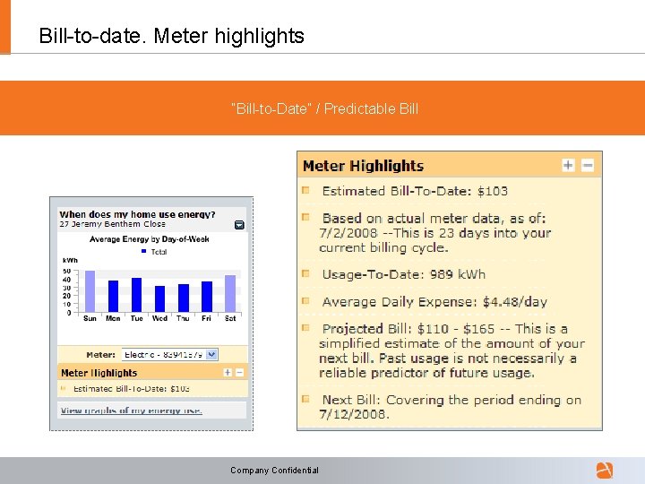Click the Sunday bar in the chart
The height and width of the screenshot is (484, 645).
(x=90, y=290)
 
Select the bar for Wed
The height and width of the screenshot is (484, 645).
(x=159, y=298)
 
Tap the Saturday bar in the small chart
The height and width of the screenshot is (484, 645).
(x=230, y=293)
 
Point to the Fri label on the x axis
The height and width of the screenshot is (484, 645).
(x=206, y=318)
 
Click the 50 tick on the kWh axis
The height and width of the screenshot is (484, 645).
(x=66, y=271)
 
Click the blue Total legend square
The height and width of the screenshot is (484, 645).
(x=144, y=252)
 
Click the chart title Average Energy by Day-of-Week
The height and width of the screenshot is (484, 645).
(x=150, y=239)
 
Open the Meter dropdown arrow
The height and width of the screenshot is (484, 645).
(x=211, y=354)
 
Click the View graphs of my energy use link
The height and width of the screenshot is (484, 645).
(x=131, y=411)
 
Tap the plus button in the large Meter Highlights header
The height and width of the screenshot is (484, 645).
(x=568, y=165)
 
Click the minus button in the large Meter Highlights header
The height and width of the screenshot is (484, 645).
(x=588, y=165)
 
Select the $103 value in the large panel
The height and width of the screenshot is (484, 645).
(x=492, y=191)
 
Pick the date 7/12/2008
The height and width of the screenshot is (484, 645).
(x=354, y=415)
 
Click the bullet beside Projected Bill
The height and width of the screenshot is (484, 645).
(x=305, y=328)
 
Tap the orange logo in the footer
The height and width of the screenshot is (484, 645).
(x=605, y=470)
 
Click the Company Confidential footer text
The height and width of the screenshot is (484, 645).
(x=274, y=470)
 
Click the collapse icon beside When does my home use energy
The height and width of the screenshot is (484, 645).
(x=239, y=225)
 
